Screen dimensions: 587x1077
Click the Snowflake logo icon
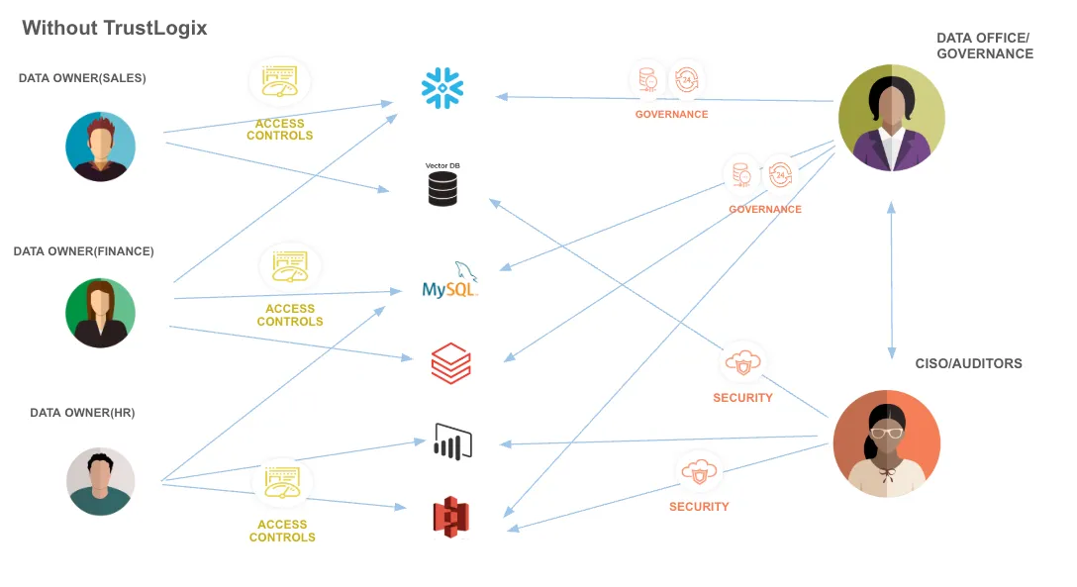(442, 88)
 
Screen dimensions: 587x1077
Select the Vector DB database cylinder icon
(442, 188)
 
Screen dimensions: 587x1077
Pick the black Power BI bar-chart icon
(452, 441)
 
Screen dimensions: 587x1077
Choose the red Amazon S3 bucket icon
(451, 517)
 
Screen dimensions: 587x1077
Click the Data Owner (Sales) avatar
(100, 147)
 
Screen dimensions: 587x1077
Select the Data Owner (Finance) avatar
(100, 313)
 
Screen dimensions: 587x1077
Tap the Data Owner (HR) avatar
(100, 481)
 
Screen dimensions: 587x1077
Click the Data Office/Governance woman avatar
(891, 118)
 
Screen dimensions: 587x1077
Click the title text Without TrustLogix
(115, 28)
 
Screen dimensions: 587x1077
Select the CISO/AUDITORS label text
(968, 363)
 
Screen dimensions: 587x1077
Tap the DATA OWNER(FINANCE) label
(84, 251)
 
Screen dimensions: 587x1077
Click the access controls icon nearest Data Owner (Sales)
(279, 82)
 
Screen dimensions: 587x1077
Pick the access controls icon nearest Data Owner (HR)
(281, 483)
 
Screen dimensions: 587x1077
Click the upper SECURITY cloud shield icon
(743, 363)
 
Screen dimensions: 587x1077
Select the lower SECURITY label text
(699, 507)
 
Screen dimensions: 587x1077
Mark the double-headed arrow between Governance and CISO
(892, 280)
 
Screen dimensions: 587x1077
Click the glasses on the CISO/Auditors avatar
(887, 433)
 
